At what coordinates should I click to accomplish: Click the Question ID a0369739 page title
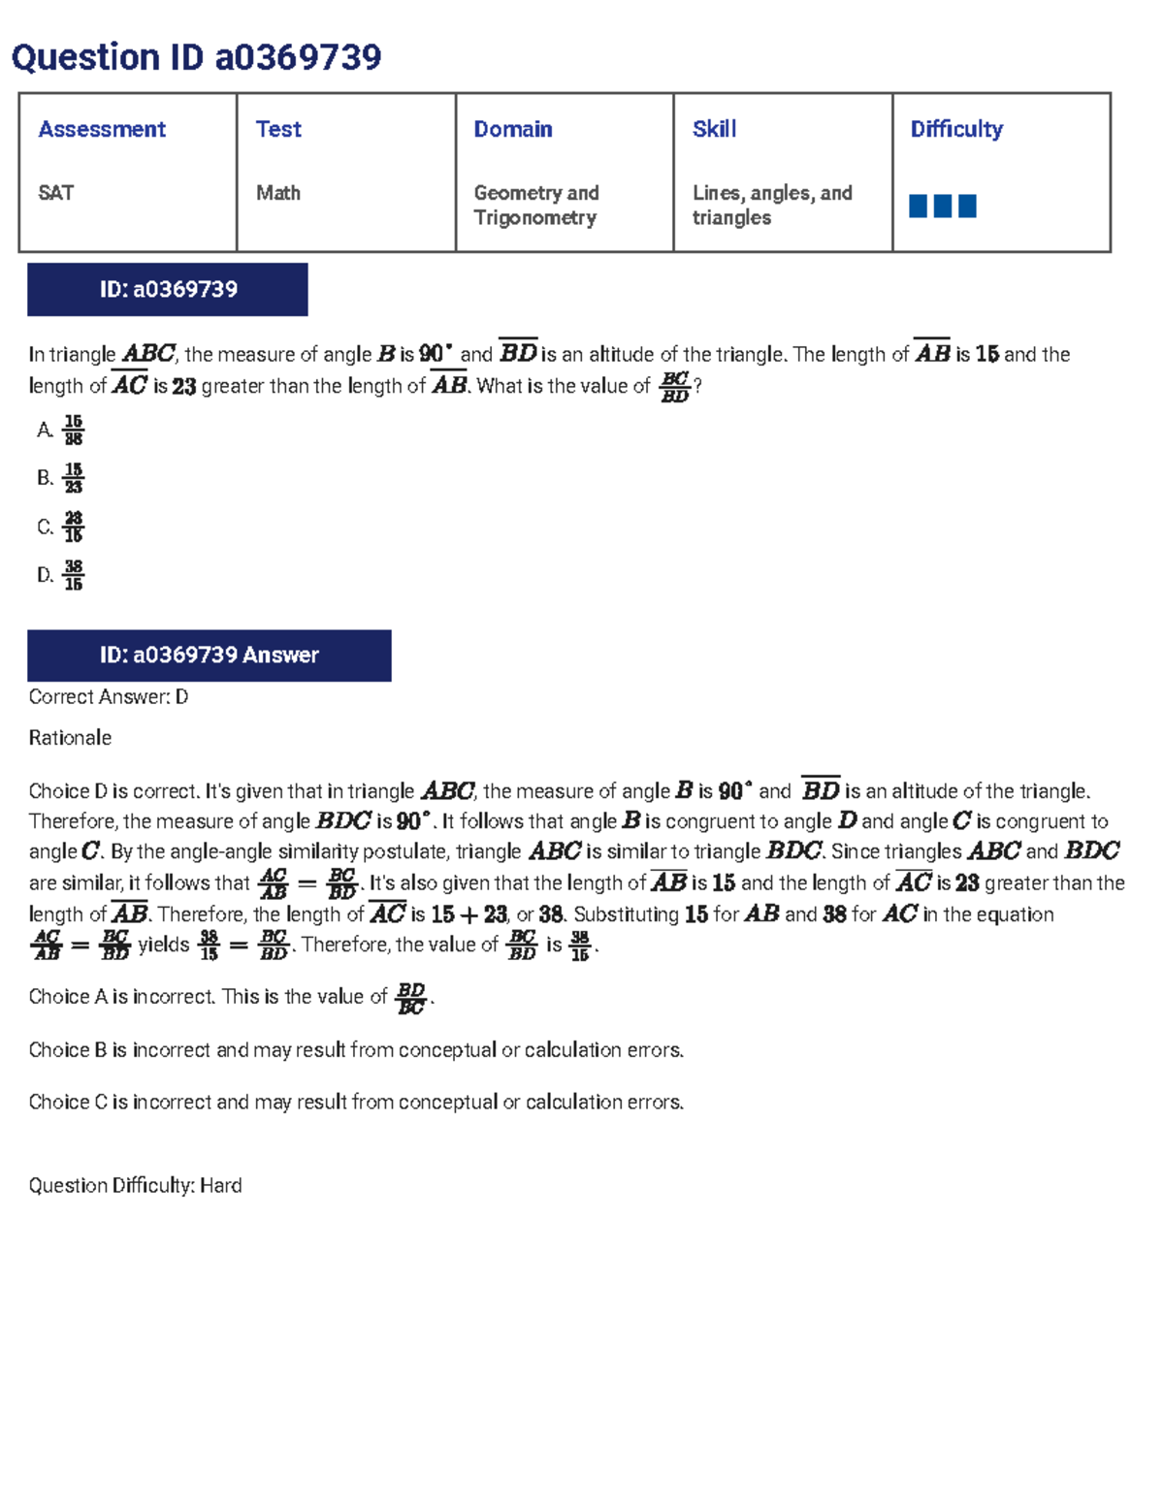[x=196, y=57]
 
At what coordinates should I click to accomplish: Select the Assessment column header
[x=102, y=129]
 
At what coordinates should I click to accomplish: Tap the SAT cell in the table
[x=56, y=193]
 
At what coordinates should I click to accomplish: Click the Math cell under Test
[x=278, y=193]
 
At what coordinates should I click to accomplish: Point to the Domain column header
[x=513, y=129]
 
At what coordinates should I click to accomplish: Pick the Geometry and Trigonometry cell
[x=536, y=205]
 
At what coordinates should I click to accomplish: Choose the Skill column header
[x=715, y=129]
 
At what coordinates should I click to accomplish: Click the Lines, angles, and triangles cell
[x=772, y=205]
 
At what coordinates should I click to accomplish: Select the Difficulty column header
[x=956, y=129]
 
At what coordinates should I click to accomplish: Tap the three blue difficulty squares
[x=943, y=206]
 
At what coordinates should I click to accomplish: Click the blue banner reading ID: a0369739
[x=168, y=289]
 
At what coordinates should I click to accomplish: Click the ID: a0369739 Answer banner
[x=210, y=656]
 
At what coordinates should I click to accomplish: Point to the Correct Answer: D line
[x=109, y=697]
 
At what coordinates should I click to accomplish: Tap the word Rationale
[x=70, y=738]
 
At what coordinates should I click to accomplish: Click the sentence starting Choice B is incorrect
[x=356, y=1050]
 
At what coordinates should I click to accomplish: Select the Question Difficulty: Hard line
[x=135, y=1185]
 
